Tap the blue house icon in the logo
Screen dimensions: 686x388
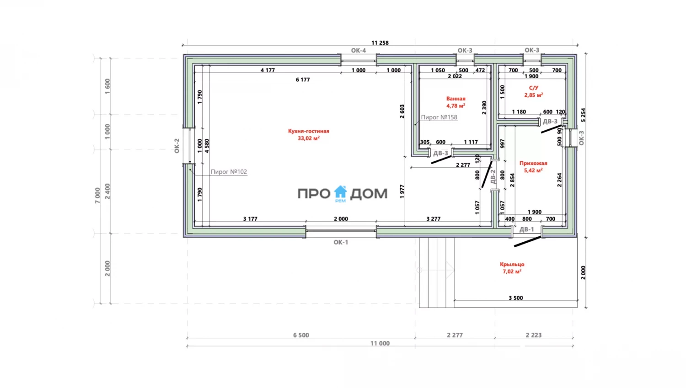pos(340,192)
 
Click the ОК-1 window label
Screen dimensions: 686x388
pos(341,242)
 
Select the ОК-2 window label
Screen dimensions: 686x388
pos(177,146)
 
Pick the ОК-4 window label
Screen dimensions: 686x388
pos(359,50)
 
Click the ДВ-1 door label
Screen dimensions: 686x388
pos(527,229)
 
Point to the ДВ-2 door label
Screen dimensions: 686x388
pos(493,177)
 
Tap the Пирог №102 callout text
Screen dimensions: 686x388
pos(229,172)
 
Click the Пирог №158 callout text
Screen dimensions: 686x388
pos(439,117)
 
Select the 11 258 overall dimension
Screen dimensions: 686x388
pos(380,43)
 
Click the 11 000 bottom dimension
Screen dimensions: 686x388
pos(380,343)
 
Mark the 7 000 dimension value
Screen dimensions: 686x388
pos(97,196)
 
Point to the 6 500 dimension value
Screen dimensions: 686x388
pos(301,335)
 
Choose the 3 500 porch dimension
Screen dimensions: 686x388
pos(516,298)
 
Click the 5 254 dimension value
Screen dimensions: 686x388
pos(583,115)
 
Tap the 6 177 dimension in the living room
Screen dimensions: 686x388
pos(303,80)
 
